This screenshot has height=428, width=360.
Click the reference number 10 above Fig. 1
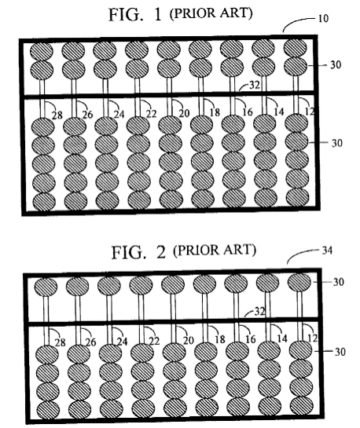[323, 19]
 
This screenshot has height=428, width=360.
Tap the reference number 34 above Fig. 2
[327, 251]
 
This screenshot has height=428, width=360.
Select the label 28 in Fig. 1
[57, 115]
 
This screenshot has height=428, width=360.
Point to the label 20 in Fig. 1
[184, 113]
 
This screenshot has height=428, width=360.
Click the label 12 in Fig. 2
[313, 338]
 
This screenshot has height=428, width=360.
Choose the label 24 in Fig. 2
[122, 342]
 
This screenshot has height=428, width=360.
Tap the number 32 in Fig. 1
[255, 85]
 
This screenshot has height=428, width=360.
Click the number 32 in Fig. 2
[259, 311]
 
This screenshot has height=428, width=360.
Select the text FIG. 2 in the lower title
[139, 252]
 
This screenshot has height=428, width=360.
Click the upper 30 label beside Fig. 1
[336, 64]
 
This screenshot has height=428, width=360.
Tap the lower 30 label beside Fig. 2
[340, 352]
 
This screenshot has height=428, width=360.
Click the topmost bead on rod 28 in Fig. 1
[42, 51]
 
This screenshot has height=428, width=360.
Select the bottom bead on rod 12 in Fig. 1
[297, 197]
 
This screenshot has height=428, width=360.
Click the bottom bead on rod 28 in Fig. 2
[48, 410]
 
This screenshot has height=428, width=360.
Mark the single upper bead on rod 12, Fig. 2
[299, 282]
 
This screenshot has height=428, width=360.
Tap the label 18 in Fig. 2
[219, 339]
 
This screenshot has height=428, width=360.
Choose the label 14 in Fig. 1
[278, 112]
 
